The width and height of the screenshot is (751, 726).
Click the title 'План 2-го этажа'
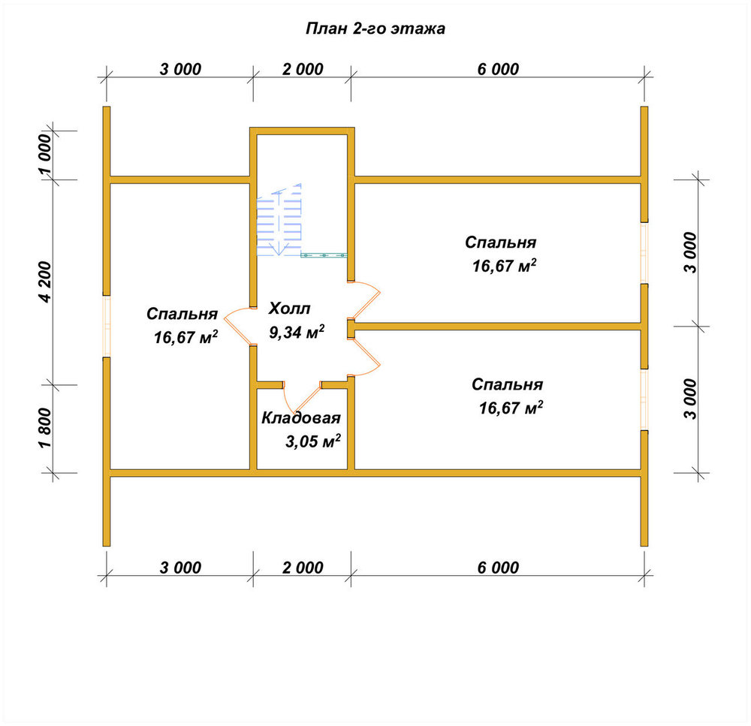[x=375, y=29]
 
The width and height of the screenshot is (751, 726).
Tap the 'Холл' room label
[x=289, y=309]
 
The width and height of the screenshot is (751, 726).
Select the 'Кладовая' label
[x=301, y=418]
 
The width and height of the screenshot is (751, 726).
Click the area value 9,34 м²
[x=297, y=331]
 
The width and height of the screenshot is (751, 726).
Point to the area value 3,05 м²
[x=312, y=441]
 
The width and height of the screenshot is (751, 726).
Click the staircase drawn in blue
[x=279, y=219]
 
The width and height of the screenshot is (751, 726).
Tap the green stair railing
[x=324, y=255]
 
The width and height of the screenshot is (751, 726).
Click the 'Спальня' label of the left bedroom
[x=182, y=314]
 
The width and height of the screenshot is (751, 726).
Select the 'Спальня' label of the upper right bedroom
[x=500, y=243]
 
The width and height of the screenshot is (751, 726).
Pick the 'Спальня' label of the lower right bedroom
[x=507, y=384]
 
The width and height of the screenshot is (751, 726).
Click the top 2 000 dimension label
[x=303, y=69]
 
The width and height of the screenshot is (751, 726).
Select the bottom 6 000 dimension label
[x=498, y=568]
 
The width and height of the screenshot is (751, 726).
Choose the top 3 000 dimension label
[x=180, y=69]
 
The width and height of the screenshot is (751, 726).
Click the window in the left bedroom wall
[x=107, y=326]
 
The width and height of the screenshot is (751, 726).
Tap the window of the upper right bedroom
[x=644, y=253]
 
